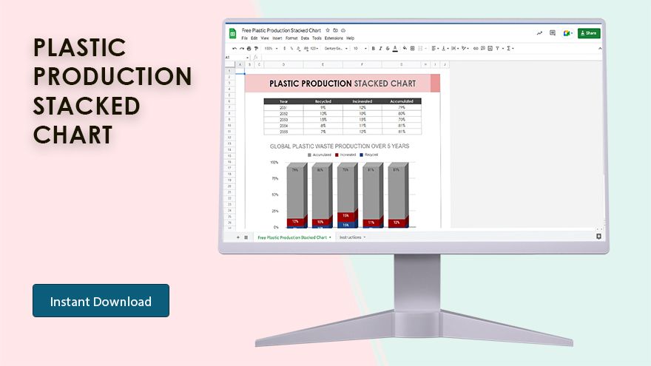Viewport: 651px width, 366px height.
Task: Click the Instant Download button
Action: click(101, 301)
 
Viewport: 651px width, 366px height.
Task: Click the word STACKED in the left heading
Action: click(87, 106)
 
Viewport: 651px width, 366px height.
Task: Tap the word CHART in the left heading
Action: click(72, 135)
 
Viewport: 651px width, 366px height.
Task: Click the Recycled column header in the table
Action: click(323, 101)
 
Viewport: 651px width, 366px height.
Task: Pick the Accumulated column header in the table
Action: click(402, 101)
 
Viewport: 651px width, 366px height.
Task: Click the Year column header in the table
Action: click(283, 101)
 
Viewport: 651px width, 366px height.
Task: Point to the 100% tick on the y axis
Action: click(274, 163)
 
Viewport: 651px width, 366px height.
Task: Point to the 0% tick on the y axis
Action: click(276, 227)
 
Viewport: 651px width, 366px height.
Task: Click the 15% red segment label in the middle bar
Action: click(345, 215)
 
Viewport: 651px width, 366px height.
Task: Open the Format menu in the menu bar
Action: click(291, 38)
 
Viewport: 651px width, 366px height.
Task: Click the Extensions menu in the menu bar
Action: click(334, 38)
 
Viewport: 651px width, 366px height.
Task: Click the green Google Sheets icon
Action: click(232, 33)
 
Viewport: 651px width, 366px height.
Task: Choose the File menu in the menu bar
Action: click(244, 38)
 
